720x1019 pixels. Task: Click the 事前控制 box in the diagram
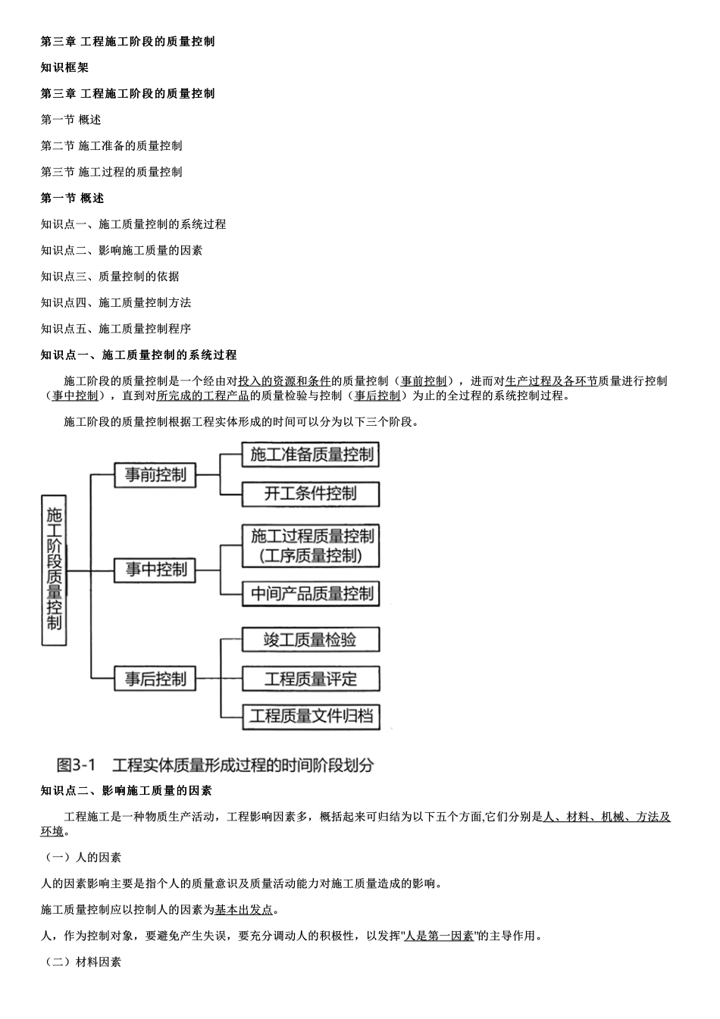155,475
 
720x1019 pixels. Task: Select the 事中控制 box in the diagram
155,569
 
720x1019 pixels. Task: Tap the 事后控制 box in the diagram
155,679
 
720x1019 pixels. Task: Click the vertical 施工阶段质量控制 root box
54,570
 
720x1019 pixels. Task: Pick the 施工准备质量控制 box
311,455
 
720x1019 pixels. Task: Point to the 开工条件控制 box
311,494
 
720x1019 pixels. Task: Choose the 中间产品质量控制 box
311,593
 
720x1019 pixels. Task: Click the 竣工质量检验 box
311,639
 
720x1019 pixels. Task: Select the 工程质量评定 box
311,679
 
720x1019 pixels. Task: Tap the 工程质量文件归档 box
311,715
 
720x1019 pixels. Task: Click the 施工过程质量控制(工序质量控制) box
311,545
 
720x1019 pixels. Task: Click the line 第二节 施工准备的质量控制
111,145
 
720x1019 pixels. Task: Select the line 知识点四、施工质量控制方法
116,302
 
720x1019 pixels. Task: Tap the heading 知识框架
64,67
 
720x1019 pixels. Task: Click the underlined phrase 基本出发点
243,909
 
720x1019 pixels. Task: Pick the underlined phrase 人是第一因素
439,936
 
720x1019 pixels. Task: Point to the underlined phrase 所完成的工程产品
203,395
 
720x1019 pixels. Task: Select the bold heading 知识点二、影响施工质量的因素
126,791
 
